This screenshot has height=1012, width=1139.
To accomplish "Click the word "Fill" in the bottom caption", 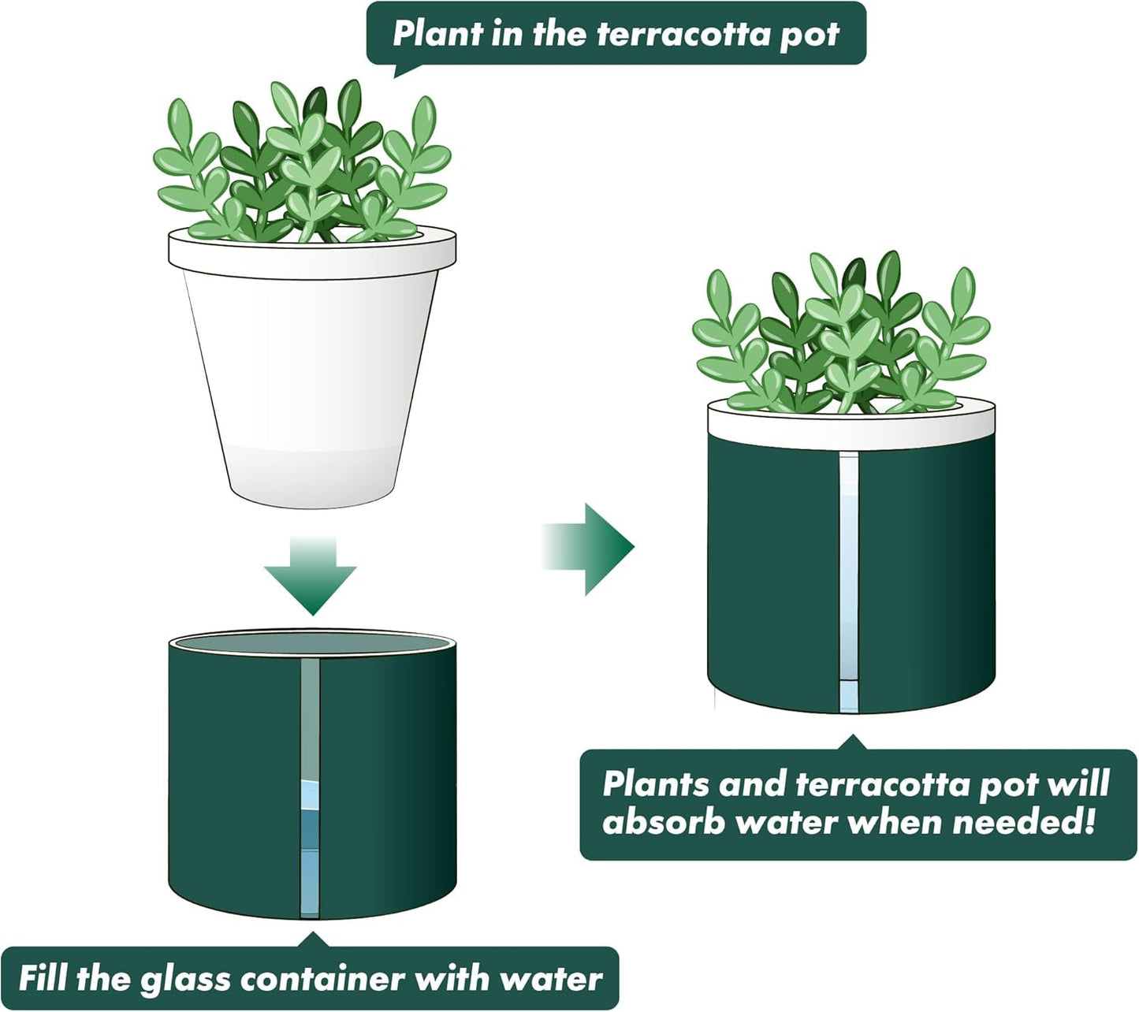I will [43, 978].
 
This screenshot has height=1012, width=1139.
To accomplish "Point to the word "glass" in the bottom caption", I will [184, 978].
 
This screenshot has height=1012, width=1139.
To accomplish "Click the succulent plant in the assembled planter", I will [842, 335].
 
